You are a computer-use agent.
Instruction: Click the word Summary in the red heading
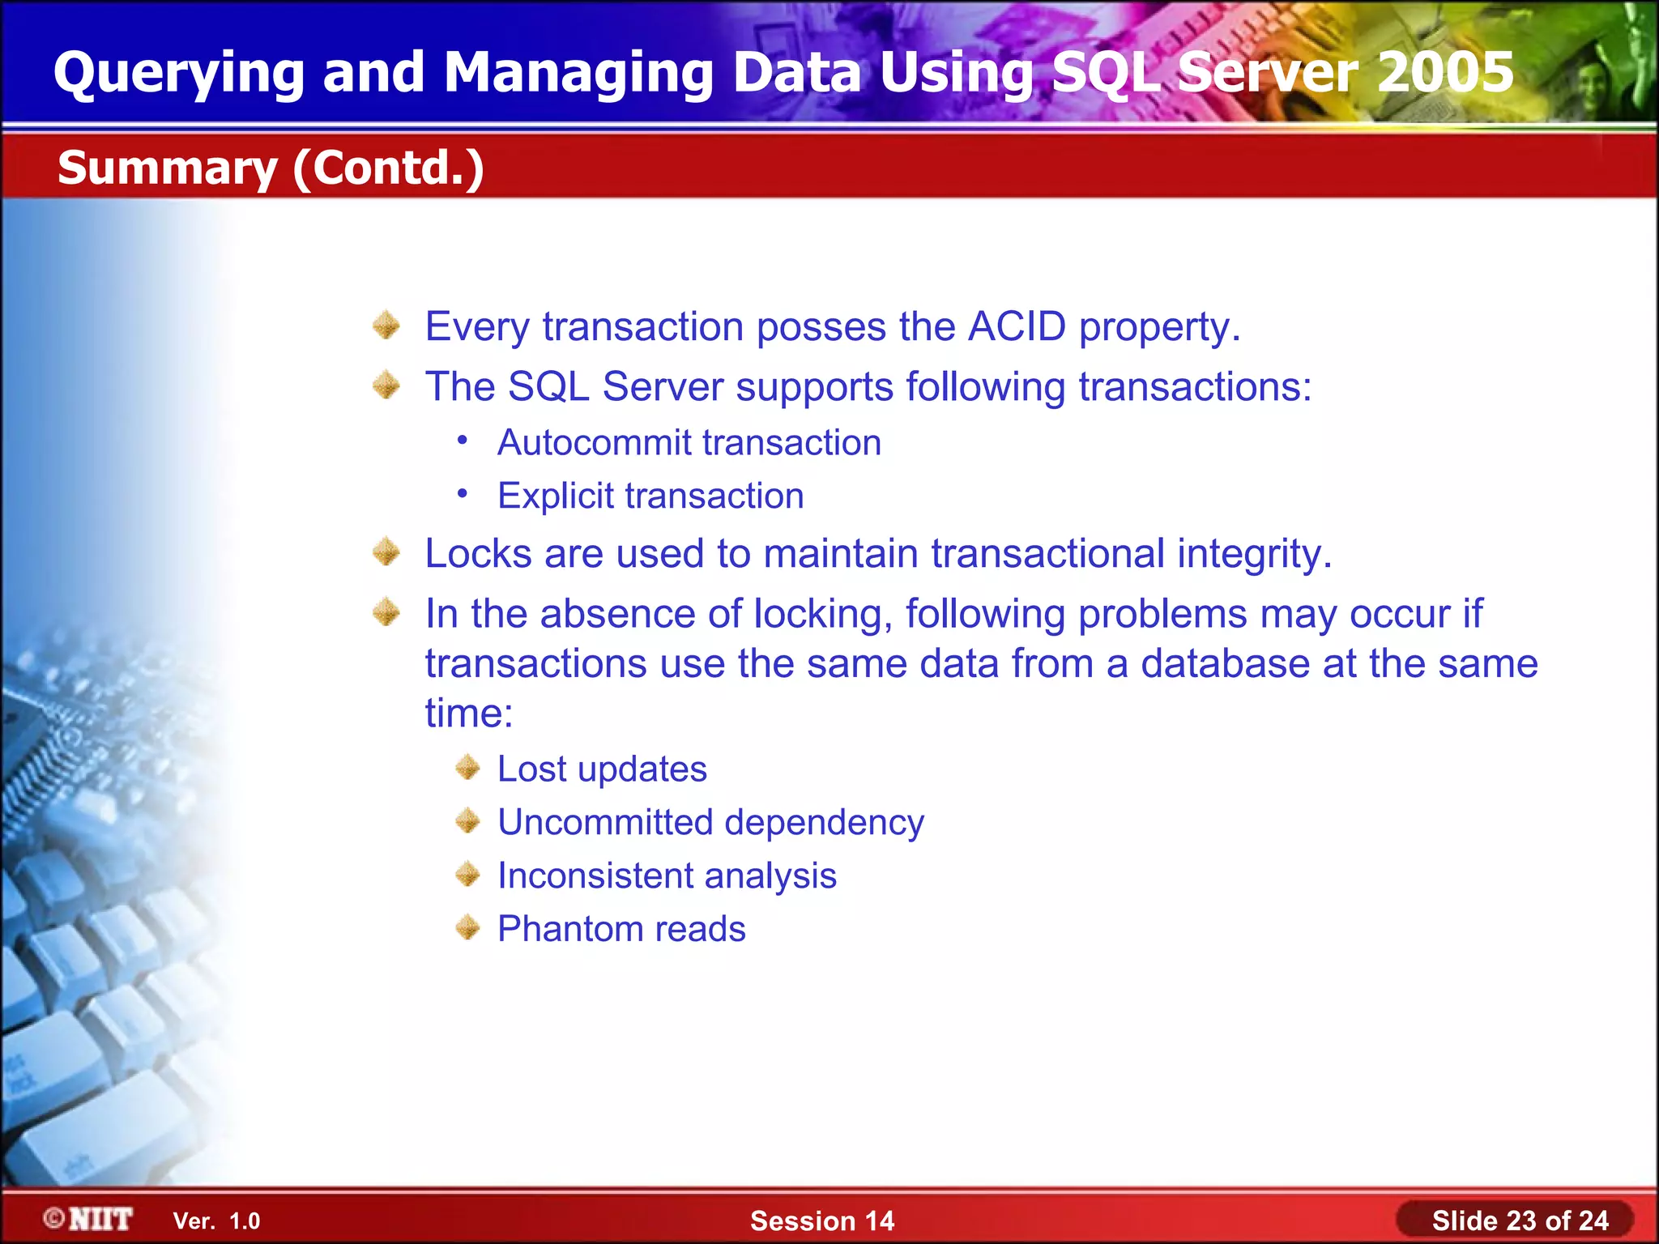click(168, 168)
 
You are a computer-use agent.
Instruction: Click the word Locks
click(478, 554)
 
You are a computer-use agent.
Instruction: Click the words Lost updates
click(602, 769)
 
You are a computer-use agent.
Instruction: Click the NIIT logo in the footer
click(89, 1219)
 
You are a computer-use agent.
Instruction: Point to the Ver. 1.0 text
click(216, 1221)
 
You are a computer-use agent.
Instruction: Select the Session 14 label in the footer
click(821, 1221)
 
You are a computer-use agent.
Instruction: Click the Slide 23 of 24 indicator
click(1519, 1221)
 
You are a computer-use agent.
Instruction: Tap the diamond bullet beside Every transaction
click(386, 326)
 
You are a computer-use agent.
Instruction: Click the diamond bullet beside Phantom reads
click(467, 927)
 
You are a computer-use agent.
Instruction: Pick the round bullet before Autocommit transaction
click(462, 441)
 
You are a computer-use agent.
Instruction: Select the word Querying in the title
click(178, 71)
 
